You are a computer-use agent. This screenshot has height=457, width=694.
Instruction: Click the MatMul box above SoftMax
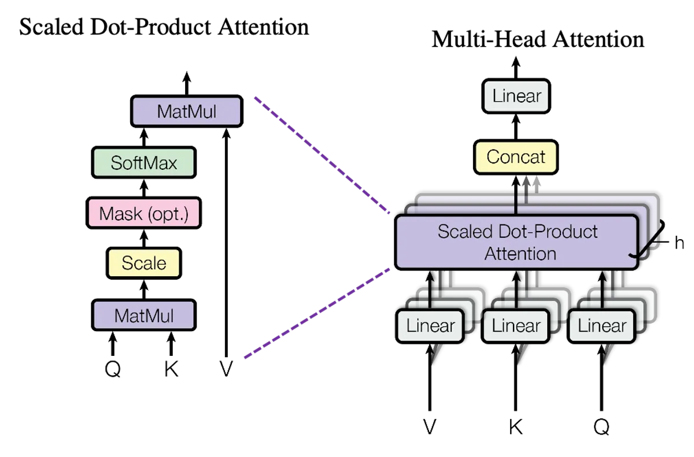(186, 111)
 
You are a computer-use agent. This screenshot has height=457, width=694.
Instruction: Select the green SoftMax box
(143, 162)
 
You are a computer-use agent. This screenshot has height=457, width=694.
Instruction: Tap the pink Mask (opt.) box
(143, 213)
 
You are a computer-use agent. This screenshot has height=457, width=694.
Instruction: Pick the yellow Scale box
(143, 263)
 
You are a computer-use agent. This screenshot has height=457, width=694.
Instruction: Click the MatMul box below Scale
(143, 315)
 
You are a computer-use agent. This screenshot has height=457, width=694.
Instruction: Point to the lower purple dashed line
(318, 313)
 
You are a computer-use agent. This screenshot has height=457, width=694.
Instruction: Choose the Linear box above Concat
(516, 96)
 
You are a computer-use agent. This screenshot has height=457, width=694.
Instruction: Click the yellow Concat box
(516, 157)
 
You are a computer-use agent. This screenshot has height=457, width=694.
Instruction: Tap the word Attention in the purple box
(520, 254)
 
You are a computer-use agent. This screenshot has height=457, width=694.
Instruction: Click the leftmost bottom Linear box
(430, 326)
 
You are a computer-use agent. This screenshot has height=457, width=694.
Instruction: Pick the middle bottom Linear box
(516, 326)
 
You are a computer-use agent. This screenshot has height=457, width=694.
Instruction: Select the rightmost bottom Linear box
(601, 326)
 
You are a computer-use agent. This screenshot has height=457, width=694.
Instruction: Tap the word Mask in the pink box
(120, 214)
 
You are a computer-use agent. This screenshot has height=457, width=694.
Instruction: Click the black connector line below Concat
(515, 205)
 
